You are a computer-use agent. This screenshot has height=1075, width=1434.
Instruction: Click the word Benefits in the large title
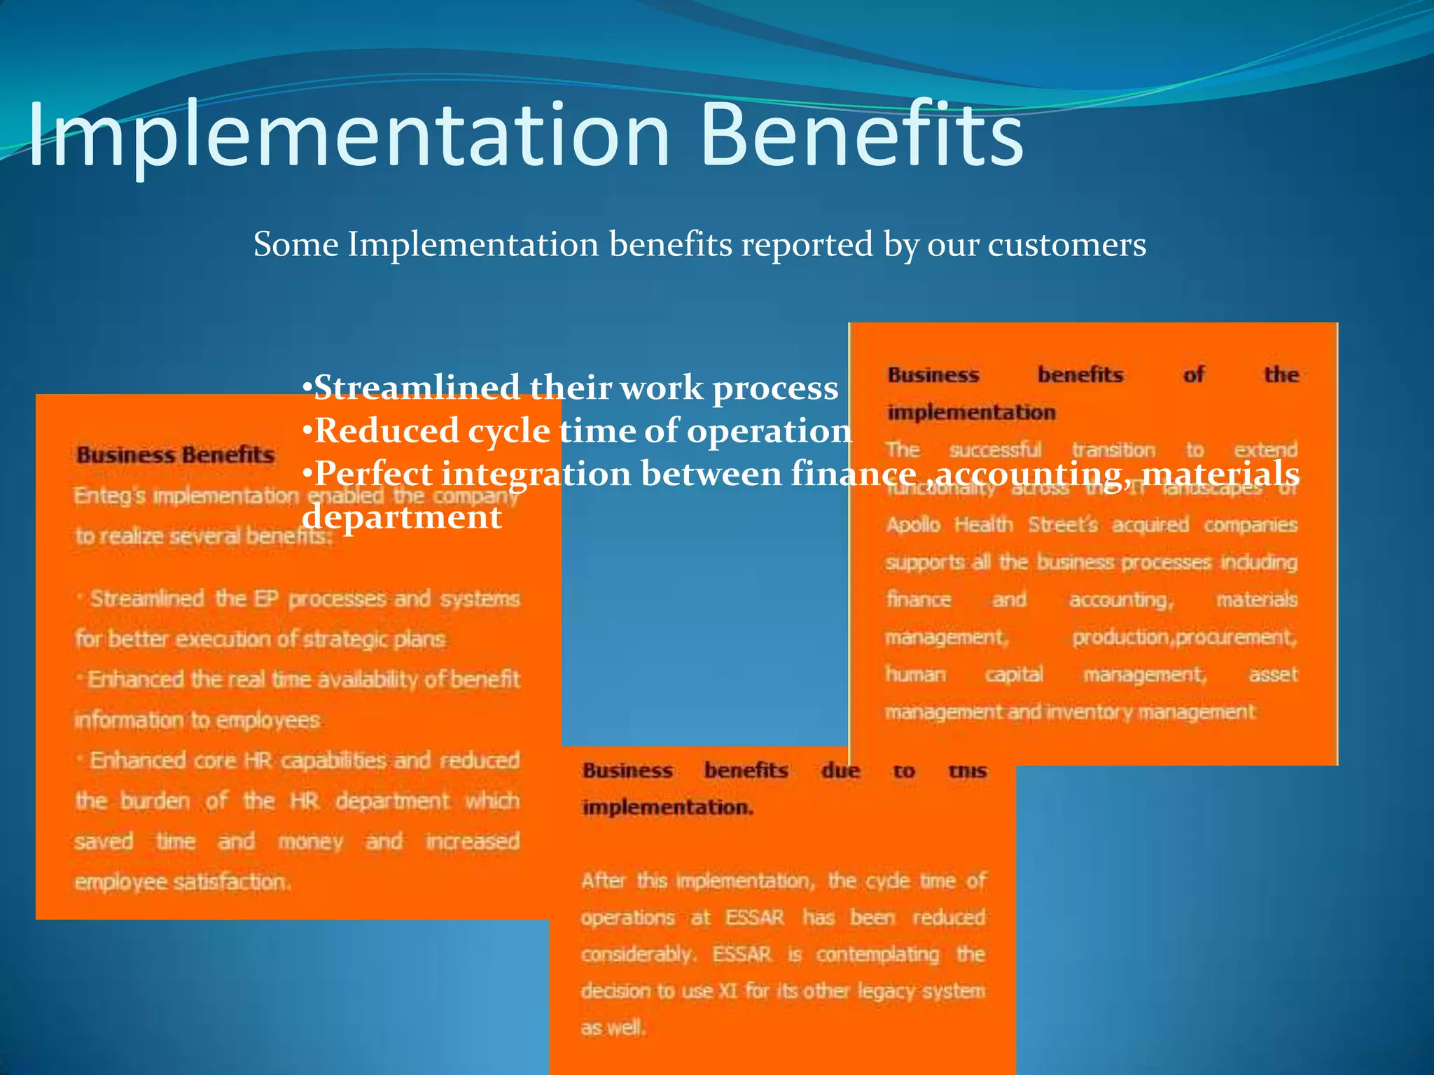point(861,134)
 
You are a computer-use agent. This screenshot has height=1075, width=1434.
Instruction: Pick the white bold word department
point(402,517)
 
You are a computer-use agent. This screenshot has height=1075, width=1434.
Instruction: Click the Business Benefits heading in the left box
point(176,455)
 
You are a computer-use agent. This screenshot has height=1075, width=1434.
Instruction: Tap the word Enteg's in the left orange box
point(110,496)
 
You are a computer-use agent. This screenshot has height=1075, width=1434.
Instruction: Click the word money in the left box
point(311,841)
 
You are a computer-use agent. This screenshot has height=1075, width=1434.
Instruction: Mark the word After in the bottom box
point(603,880)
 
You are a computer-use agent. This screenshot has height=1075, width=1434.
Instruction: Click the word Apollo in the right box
point(913,525)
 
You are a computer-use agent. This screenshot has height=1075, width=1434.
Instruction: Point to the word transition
point(1113,450)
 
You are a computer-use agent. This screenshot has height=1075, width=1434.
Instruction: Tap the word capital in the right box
point(1014,675)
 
